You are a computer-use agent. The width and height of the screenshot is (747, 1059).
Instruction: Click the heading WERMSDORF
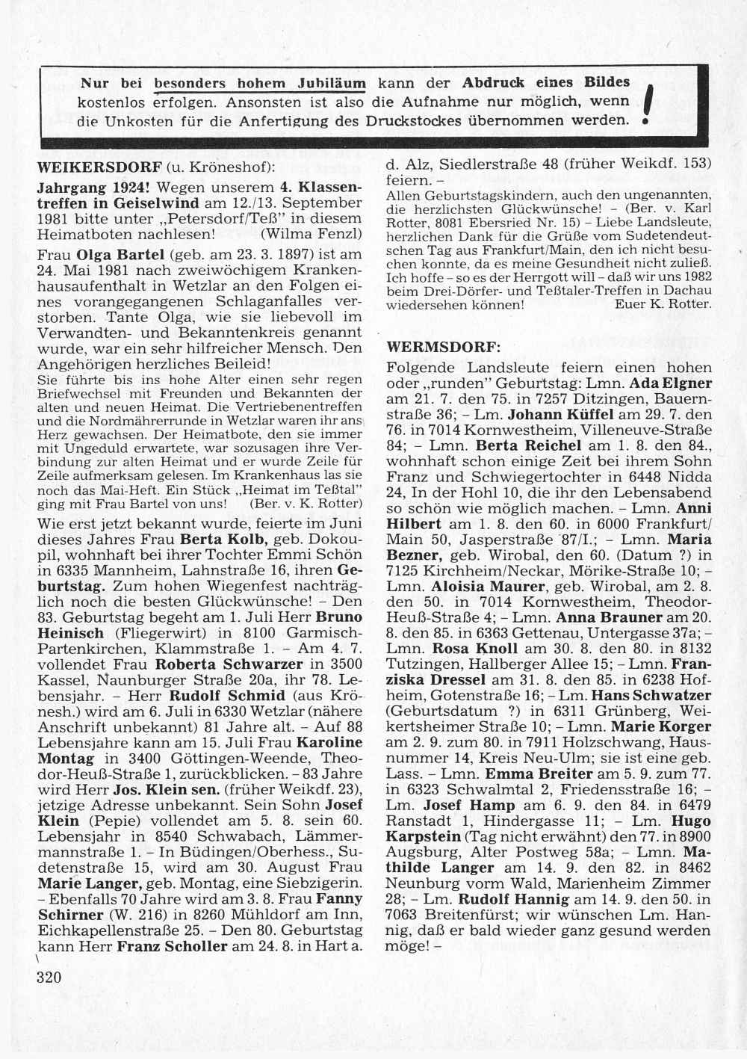coord(440,348)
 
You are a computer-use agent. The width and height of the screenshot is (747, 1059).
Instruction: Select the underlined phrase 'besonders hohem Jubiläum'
coord(260,84)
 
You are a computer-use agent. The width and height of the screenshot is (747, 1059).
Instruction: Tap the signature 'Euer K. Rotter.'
coord(663,304)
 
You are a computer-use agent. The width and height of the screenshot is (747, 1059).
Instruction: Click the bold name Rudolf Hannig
coord(509,900)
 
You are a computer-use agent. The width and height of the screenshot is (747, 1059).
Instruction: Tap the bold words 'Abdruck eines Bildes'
coord(546,82)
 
